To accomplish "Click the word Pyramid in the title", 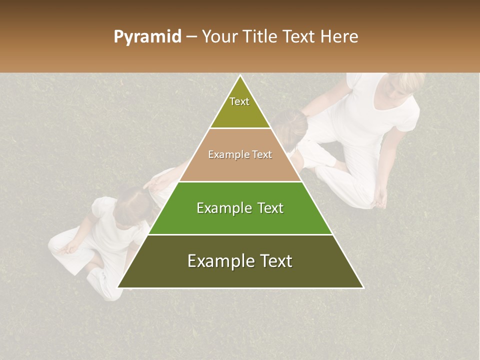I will click(x=147, y=37).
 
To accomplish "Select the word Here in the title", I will click(x=339, y=37).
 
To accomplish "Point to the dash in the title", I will click(x=191, y=37).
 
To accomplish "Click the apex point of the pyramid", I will click(x=240, y=76).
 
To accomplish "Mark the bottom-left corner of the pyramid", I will click(x=118, y=287).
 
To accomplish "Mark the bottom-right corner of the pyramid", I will click(x=363, y=287).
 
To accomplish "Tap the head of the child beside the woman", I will click(x=290, y=127).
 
